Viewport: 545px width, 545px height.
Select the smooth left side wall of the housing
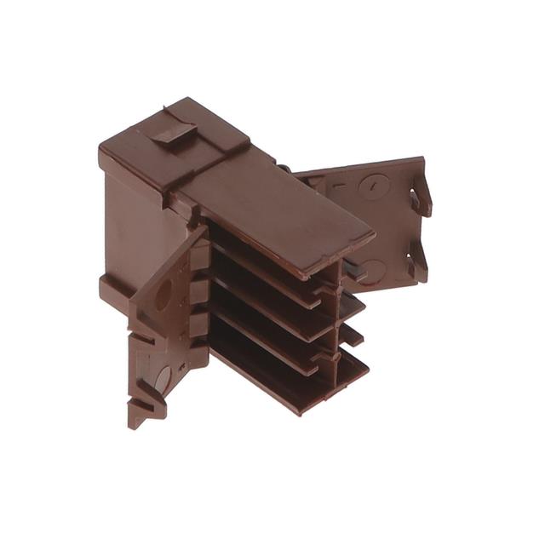click(128, 221)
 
